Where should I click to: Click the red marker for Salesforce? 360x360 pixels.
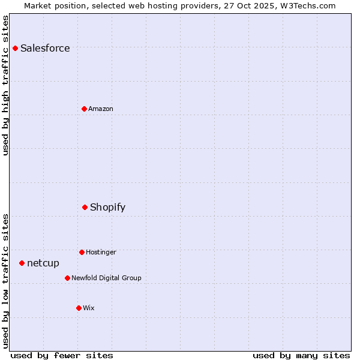pyautogui.click(x=16, y=48)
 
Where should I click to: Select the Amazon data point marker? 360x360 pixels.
pyautogui.click(x=84, y=109)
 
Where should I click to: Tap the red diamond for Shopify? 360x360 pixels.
pyautogui.click(x=85, y=207)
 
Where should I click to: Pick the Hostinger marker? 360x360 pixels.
pyautogui.click(x=82, y=252)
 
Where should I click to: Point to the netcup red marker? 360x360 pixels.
pyautogui.click(x=22, y=263)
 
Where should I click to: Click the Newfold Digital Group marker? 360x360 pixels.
pyautogui.click(x=67, y=278)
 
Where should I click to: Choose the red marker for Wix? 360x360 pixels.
pyautogui.click(x=79, y=308)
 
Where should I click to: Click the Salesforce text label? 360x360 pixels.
pyautogui.click(x=45, y=48)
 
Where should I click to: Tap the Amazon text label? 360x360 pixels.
pyautogui.click(x=101, y=109)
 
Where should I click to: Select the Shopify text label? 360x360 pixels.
pyautogui.click(x=107, y=207)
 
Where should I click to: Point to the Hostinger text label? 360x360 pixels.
pyautogui.click(x=101, y=252)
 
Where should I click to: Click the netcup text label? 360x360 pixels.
pyautogui.click(x=43, y=263)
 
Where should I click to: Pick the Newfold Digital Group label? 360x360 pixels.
pyautogui.click(x=106, y=278)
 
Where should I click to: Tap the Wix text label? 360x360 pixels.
pyautogui.click(x=89, y=308)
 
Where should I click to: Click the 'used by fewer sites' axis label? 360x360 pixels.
pyautogui.click(x=62, y=355)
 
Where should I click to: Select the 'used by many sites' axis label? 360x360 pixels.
pyautogui.click(x=301, y=355)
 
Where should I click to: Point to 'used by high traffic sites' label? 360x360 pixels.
pyautogui.click(x=5, y=85)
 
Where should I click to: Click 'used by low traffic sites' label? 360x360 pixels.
pyautogui.click(x=5, y=281)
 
